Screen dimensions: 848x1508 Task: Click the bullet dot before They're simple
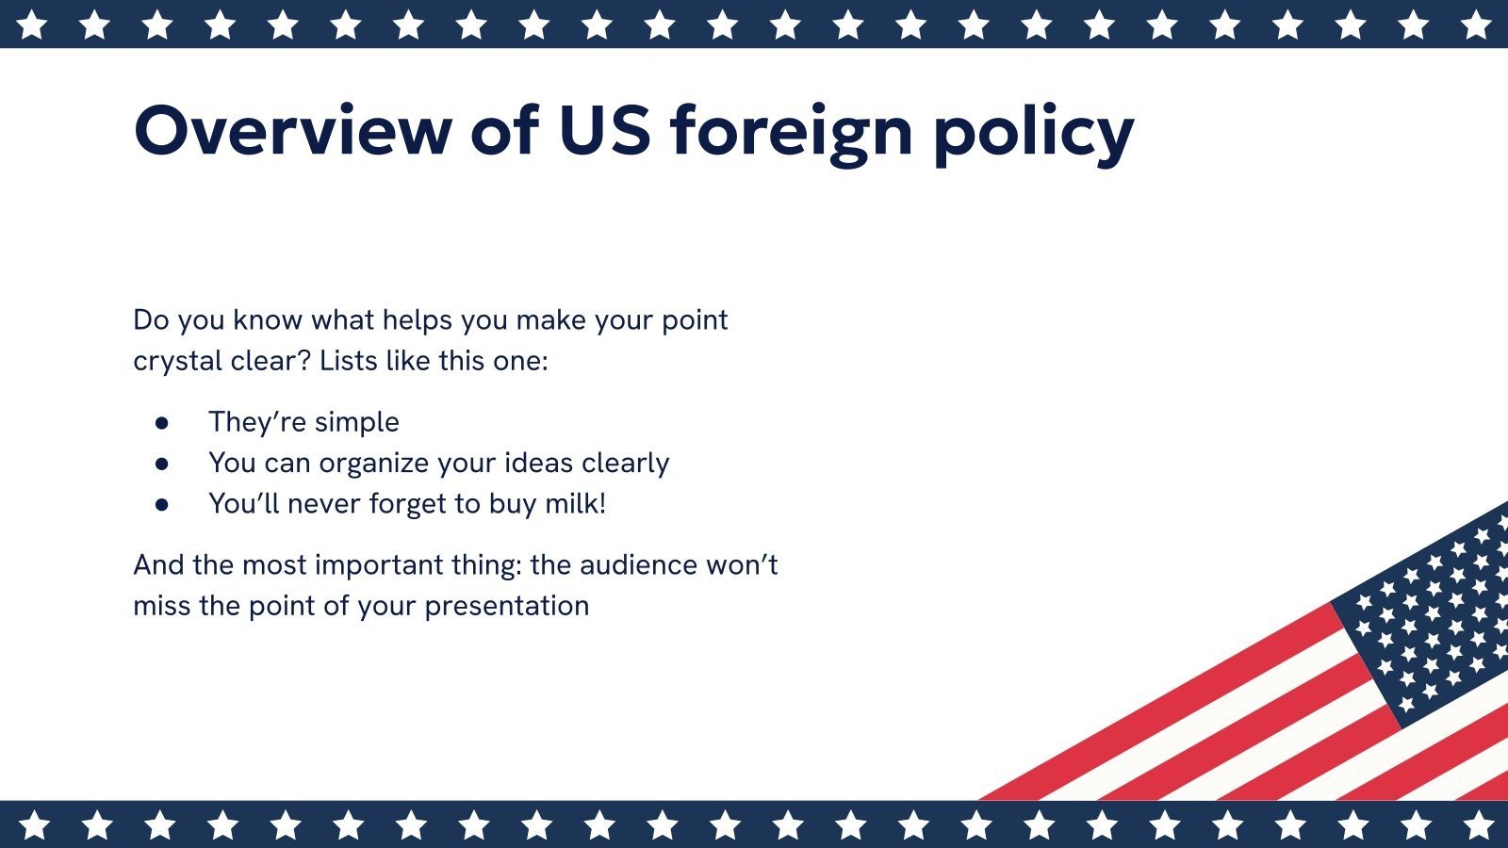(x=162, y=423)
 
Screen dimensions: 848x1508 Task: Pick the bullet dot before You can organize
(x=162, y=464)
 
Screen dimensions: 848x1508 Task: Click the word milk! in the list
(x=575, y=503)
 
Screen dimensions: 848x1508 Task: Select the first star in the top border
(x=32, y=24)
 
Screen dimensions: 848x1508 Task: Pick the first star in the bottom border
(x=34, y=825)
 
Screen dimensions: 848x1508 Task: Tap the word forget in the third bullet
(x=407, y=504)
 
